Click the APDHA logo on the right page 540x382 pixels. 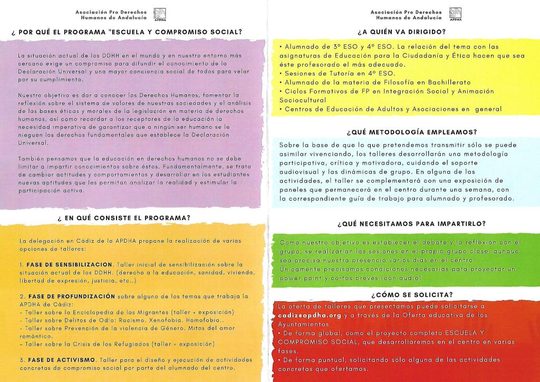pos(454,14)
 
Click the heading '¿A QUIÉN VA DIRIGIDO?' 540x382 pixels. pos(401,32)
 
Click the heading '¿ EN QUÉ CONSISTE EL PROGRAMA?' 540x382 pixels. pos(124,217)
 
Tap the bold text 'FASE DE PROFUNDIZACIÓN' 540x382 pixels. pos(70,297)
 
